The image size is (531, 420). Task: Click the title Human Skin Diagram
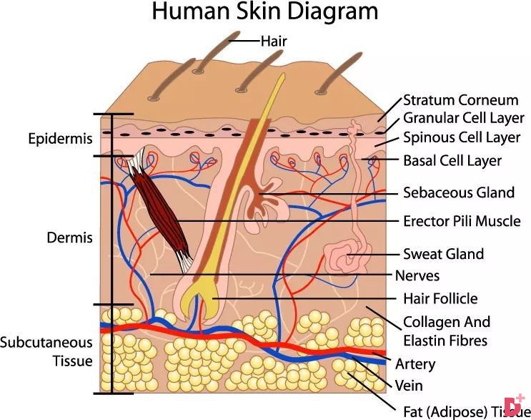click(x=265, y=11)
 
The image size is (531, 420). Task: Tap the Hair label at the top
click(x=274, y=41)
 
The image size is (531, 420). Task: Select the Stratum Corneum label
click(x=460, y=100)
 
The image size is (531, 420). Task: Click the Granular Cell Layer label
click(x=464, y=118)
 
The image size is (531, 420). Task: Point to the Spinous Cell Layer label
click(x=462, y=137)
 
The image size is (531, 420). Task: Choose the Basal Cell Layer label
click(x=452, y=161)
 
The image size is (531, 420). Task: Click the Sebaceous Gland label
click(x=459, y=192)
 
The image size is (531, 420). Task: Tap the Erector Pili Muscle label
click(x=462, y=221)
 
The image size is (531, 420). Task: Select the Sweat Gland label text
click(x=443, y=254)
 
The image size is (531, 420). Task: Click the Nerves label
click(x=417, y=275)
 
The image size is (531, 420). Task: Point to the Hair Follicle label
click(x=440, y=298)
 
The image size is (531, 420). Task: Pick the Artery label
click(x=415, y=364)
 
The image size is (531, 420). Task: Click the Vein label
click(x=409, y=386)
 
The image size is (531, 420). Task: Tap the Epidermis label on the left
click(x=60, y=139)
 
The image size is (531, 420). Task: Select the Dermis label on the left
click(x=69, y=238)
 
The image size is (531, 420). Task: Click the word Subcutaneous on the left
click(x=46, y=343)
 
